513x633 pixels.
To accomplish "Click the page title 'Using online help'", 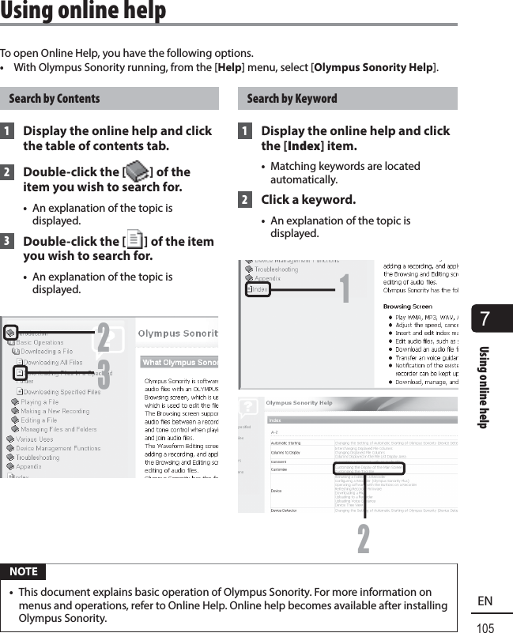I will click(x=83, y=11).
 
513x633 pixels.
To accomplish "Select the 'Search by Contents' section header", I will click(x=55, y=99).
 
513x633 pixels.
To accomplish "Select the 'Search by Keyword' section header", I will click(x=292, y=99).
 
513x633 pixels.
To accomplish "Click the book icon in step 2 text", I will click(x=137, y=171).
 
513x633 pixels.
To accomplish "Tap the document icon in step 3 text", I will click(x=135, y=240).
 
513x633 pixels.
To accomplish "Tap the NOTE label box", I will click(x=24, y=571).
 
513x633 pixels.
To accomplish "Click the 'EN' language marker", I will click(x=485, y=601).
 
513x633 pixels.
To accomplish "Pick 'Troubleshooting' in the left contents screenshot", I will click(x=37, y=457).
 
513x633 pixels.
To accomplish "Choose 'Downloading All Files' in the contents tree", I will click(x=52, y=362).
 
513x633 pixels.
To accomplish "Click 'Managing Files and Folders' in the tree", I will click(x=58, y=429).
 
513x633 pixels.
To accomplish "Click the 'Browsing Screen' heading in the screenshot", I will click(x=407, y=306).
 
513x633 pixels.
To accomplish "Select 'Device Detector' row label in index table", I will click(x=284, y=511).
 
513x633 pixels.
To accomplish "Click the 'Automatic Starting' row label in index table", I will click(x=285, y=444).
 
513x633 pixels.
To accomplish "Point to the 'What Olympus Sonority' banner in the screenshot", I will click(x=179, y=362).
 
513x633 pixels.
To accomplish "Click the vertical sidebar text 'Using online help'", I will click(x=484, y=387).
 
